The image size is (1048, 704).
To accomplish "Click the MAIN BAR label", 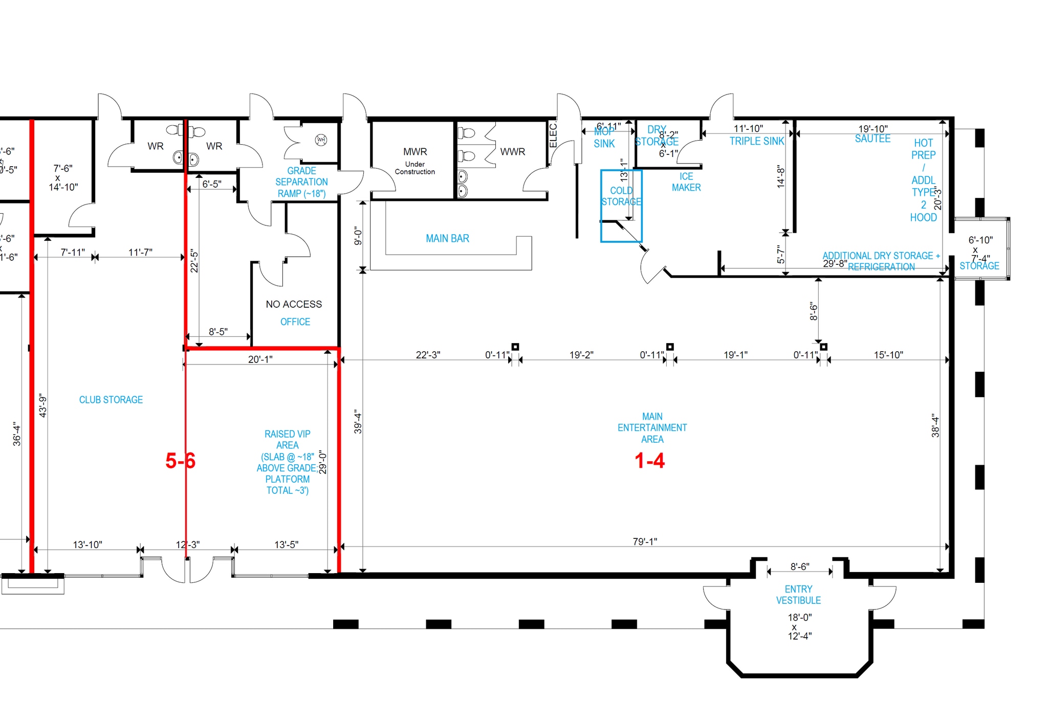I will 447,238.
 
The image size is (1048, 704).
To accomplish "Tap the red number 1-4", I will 649,461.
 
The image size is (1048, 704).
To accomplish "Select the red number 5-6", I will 180,461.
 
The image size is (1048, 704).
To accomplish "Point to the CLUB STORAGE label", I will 111,400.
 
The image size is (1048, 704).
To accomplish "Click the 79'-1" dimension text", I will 645,541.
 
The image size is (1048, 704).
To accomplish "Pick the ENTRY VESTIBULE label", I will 798,595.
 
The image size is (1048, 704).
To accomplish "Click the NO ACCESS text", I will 294,304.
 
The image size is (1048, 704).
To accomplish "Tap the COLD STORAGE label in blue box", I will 621,196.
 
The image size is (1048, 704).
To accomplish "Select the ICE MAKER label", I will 686,182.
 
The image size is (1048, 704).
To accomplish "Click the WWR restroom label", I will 513,152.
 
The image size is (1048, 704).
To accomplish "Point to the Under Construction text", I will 415,168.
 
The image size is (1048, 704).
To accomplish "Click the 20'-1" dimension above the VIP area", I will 260,359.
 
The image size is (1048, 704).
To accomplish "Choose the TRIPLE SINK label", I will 757,141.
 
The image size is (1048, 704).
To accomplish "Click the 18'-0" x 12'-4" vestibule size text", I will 799,626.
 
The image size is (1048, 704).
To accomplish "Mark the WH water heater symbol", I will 321,140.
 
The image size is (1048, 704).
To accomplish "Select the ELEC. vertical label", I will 553,135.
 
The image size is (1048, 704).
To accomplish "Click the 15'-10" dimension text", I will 888,355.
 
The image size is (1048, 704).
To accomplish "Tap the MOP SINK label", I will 604,138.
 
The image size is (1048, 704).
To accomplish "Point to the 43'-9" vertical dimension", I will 43,405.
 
